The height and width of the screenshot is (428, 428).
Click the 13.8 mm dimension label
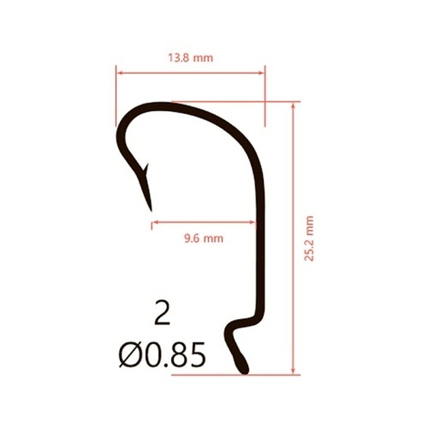click(190, 59)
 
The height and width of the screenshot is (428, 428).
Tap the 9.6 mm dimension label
click(204, 238)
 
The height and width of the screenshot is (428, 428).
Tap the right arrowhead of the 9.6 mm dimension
click(252, 223)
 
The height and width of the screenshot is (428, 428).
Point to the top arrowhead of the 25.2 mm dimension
click(294, 106)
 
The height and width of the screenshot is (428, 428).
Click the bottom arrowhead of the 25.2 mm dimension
click(294, 371)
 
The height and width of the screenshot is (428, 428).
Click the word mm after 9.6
click(213, 238)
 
